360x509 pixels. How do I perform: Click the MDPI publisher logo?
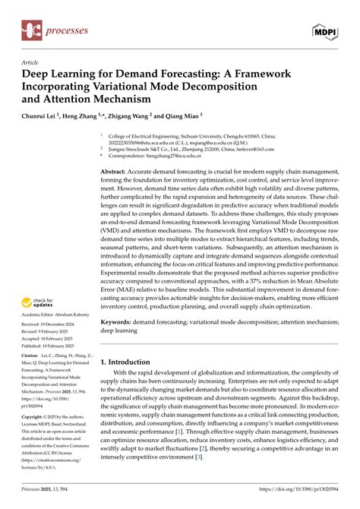[x=326, y=30]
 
